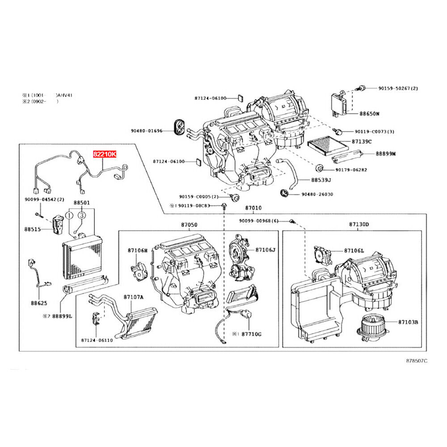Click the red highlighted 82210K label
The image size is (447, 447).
click(x=104, y=155)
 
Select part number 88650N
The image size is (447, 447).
click(x=370, y=114)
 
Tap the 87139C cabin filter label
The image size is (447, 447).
click(x=362, y=142)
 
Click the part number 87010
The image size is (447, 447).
click(x=253, y=208)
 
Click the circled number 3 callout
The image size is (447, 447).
click(x=82, y=215)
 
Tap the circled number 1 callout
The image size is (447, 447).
click(x=70, y=215)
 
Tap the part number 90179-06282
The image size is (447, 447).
click(x=351, y=170)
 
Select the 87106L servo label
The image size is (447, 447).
click(x=354, y=252)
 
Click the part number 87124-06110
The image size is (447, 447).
click(x=97, y=341)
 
